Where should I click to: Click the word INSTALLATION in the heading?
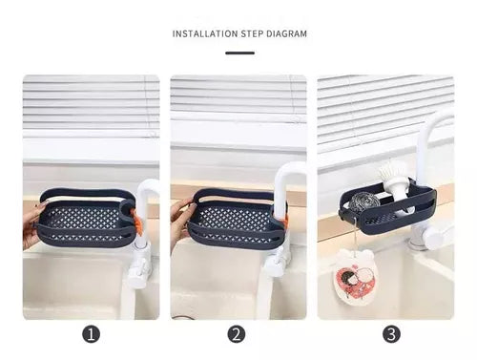(205, 33)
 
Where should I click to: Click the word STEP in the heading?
(252, 33)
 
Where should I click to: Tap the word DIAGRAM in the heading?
(286, 33)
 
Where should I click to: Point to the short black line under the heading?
(239, 53)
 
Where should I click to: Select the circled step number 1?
(92, 334)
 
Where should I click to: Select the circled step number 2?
(237, 334)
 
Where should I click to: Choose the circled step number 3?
(391, 334)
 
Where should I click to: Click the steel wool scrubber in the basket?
(365, 201)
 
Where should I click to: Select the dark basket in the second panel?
(236, 218)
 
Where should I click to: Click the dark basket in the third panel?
(386, 207)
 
